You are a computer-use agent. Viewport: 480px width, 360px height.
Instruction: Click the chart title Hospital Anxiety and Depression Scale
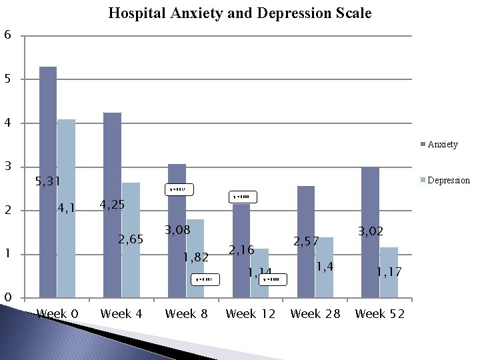coord(240,13)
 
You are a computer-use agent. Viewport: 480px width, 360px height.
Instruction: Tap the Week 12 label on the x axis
coord(251,314)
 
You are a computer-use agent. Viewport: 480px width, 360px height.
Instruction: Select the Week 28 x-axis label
coord(315,314)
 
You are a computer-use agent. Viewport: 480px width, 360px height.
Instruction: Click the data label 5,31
coord(48,181)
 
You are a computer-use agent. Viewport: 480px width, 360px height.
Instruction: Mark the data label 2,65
coord(131,239)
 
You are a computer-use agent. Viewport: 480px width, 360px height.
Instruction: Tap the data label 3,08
coord(178,231)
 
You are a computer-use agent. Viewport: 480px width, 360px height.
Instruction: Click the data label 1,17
coord(389,272)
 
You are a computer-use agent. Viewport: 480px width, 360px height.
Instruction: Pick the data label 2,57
coord(307,241)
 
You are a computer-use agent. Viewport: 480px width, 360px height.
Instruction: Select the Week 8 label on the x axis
coord(186,314)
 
